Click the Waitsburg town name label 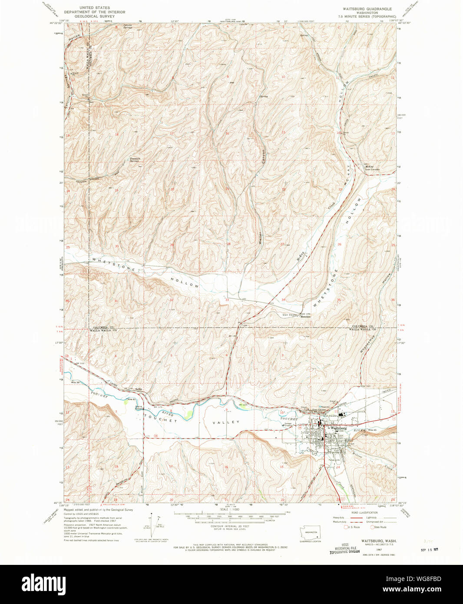tap(337, 428)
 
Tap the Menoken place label tap(305, 317)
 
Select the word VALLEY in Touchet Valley tap(226, 422)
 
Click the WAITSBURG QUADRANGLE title tap(367, 9)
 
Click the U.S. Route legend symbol tap(347, 527)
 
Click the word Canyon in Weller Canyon tap(263, 156)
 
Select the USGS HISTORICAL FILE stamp tap(345, 548)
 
